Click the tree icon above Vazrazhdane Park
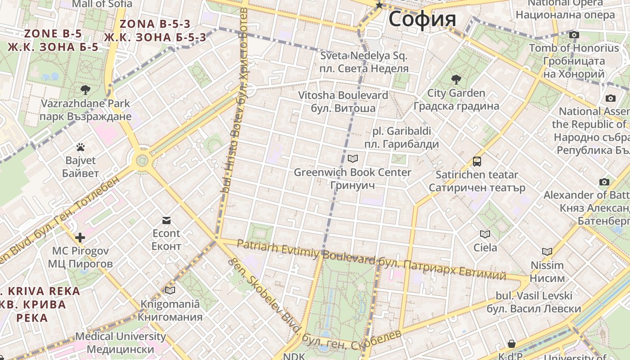tap(85, 90)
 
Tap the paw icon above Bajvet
tap(81, 147)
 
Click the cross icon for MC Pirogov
tap(80, 237)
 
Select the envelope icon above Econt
tap(166, 220)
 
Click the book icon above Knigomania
tap(170, 290)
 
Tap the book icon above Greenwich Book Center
tap(353, 158)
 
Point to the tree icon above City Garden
tap(456, 80)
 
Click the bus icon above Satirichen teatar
tap(477, 161)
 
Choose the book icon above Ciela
tap(485, 234)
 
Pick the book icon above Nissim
tap(547, 252)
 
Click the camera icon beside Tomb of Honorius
tap(574, 35)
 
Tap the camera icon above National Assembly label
tap(611, 98)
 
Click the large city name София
tap(422, 19)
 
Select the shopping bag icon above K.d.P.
tap(512, 344)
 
